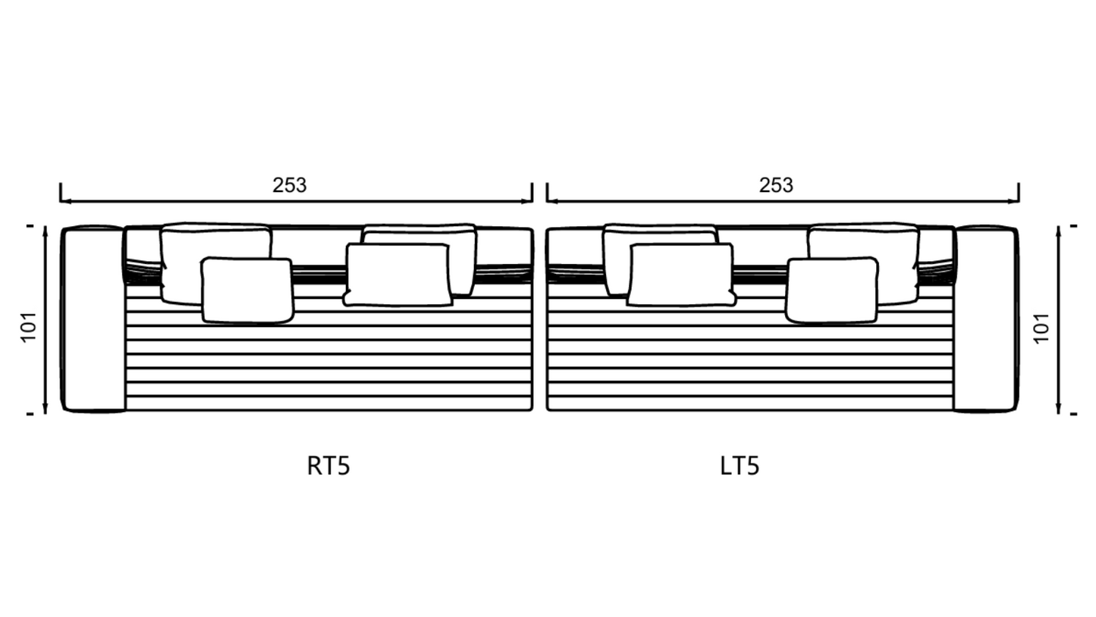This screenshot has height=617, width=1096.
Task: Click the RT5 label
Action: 328,465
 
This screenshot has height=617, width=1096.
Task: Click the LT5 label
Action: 739,465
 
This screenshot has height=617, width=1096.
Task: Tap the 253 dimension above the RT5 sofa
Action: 289,185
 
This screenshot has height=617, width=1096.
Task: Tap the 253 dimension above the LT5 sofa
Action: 776,185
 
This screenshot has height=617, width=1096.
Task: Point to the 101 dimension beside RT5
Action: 29,326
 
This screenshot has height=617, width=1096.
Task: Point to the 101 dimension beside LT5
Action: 1042,326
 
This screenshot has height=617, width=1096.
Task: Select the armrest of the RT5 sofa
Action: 93,319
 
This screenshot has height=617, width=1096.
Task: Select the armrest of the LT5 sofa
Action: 985,319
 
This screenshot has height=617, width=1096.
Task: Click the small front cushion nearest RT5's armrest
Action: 247,291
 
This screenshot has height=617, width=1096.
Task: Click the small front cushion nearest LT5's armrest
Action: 832,291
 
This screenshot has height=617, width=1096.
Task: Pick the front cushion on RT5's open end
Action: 397,275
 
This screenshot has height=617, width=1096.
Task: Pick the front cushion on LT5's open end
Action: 680,275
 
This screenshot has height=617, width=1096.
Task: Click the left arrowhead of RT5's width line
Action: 64,201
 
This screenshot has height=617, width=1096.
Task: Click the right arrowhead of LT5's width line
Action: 1015,201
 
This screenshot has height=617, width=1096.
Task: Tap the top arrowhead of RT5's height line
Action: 46,230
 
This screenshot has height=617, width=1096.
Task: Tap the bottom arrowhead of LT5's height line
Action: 1058,410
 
